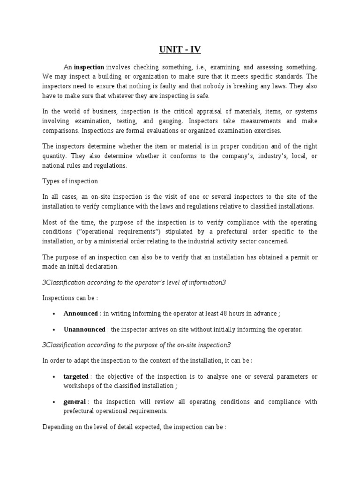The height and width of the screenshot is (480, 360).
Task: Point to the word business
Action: (x=96, y=111)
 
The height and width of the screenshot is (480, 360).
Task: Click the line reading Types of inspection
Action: (x=70, y=181)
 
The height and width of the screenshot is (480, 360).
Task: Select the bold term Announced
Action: (x=81, y=314)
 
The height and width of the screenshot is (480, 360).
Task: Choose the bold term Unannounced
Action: (x=84, y=330)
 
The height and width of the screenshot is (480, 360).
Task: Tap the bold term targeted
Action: (x=76, y=376)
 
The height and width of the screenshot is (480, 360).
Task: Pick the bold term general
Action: (x=75, y=402)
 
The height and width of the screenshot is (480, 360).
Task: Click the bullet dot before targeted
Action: (x=55, y=377)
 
